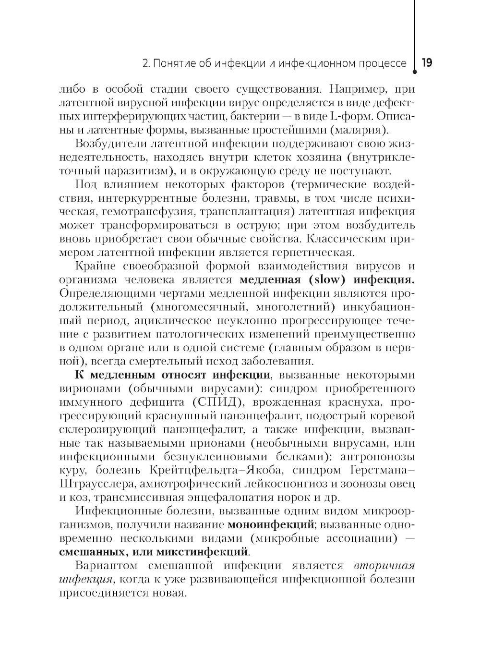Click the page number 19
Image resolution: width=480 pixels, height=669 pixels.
[427, 63]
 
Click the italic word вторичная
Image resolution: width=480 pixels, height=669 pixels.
[384, 565]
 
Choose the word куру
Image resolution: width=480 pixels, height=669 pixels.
[73, 469]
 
